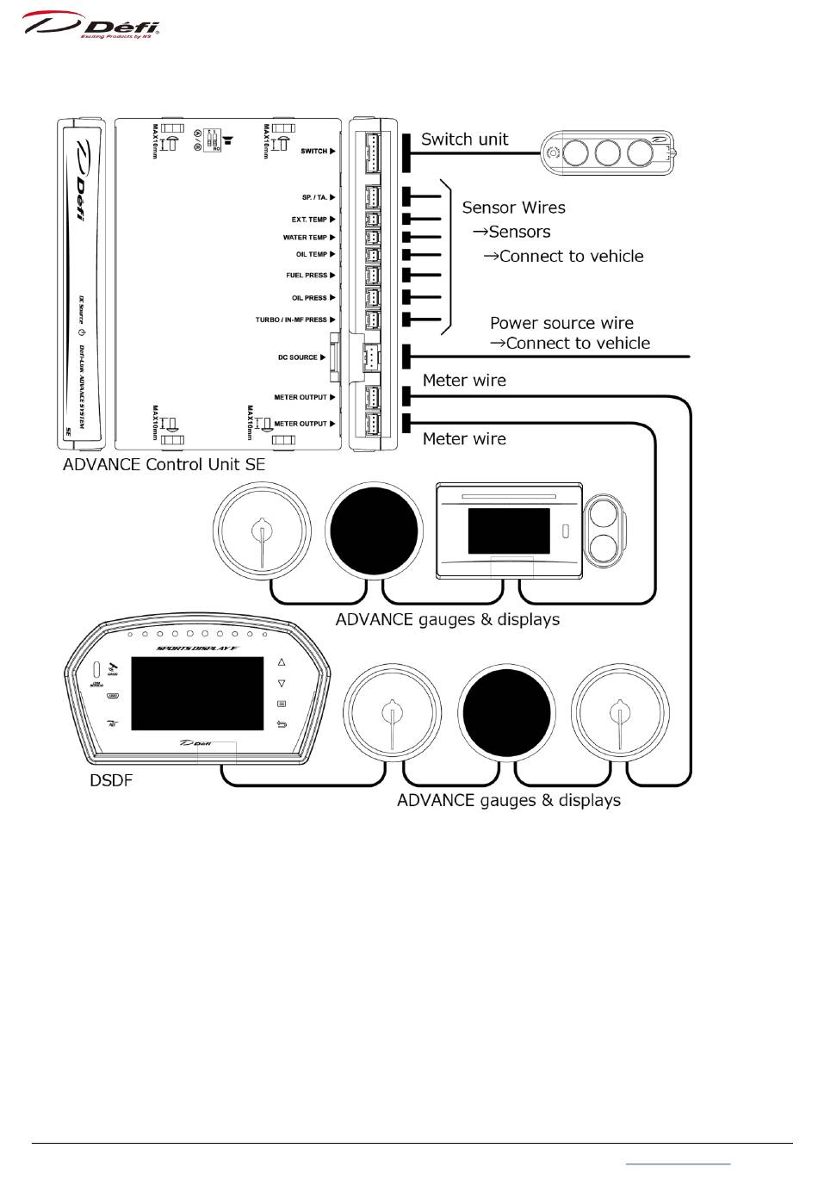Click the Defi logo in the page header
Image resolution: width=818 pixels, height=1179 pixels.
[x=91, y=25]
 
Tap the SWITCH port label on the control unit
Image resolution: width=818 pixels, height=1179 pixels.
[x=313, y=152]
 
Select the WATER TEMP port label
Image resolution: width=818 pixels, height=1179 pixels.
[x=305, y=238]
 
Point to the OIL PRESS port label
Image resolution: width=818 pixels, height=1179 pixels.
[x=309, y=298]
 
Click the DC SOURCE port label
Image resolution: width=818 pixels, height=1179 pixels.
[x=297, y=357]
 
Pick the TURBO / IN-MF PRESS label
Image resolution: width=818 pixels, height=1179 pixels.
[x=291, y=320]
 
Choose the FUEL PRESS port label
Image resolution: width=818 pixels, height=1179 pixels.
[x=307, y=276]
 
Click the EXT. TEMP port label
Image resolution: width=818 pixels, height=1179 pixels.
[x=309, y=220]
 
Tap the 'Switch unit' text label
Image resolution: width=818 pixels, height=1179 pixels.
[x=464, y=140]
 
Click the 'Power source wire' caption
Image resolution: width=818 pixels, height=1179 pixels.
[x=561, y=323]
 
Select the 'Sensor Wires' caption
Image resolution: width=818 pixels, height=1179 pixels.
[x=513, y=208]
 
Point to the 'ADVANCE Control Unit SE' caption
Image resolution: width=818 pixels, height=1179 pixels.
[x=164, y=464]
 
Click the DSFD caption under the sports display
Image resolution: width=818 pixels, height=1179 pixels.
[x=111, y=781]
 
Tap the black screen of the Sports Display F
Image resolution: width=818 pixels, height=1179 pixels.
[x=197, y=693]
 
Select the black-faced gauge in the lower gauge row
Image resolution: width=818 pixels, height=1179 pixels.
[x=506, y=712]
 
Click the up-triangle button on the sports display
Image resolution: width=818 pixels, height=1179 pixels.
[x=282, y=662]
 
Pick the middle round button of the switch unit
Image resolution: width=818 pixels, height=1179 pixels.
[x=608, y=153]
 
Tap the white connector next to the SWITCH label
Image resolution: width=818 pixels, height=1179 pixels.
[x=373, y=153]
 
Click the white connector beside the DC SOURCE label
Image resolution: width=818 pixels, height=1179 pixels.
[x=370, y=357]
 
